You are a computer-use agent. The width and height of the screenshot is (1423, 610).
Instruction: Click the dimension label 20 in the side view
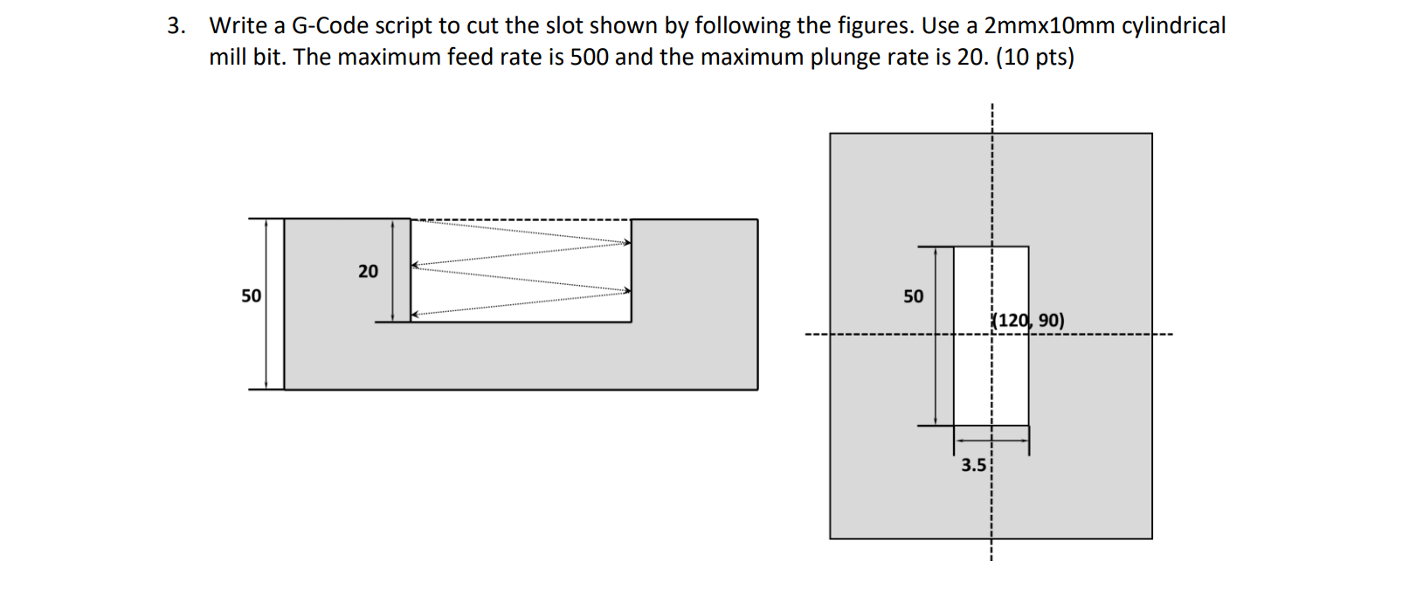368,272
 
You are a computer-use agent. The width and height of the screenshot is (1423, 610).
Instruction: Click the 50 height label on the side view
251,296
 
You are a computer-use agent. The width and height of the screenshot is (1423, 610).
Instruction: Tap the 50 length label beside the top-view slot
913,297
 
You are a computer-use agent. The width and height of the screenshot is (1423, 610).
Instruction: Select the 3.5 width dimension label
973,466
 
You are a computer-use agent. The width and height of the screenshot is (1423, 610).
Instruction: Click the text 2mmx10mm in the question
1049,26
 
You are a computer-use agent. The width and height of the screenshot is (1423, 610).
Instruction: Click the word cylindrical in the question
1173,26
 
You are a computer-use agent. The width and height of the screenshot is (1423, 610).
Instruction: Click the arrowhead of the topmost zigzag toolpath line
625,244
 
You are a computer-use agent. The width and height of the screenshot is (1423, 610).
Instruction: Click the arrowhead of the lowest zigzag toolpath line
417,313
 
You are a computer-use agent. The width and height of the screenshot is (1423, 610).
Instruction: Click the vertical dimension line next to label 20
393,271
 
